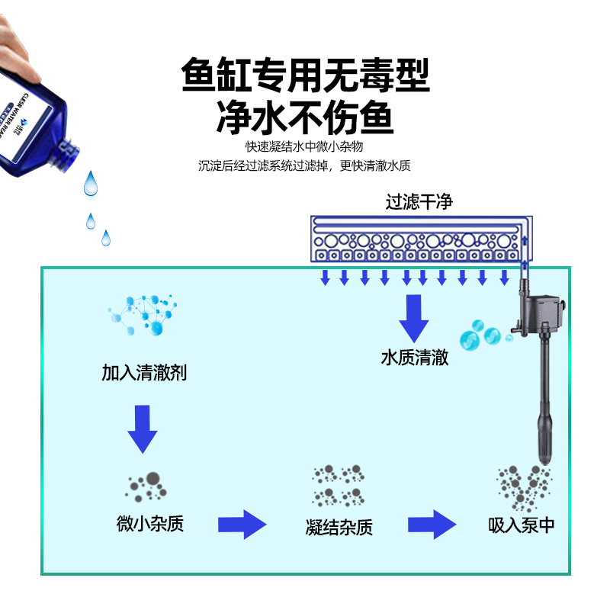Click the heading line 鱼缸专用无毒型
pyautogui.click(x=305, y=76)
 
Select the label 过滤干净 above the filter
pyautogui.click(x=419, y=202)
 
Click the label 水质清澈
pyautogui.click(x=415, y=358)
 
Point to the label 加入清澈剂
pyautogui.click(x=144, y=373)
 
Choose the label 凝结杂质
pyautogui.click(x=339, y=527)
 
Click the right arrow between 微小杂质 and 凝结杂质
pyautogui.click(x=242, y=525)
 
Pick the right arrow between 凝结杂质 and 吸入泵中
pyautogui.click(x=432, y=525)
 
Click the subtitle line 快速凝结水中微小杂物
pyautogui.click(x=304, y=146)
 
